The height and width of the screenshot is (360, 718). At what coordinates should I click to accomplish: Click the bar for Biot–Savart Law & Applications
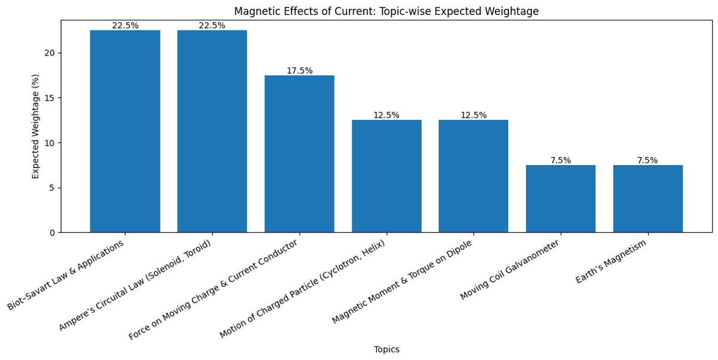pyautogui.click(x=125, y=131)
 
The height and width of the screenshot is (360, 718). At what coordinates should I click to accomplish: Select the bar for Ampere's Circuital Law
pyautogui.click(x=212, y=131)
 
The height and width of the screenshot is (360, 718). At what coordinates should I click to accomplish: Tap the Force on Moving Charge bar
pyautogui.click(x=299, y=154)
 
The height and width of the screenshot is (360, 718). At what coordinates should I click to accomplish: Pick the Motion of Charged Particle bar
pyautogui.click(x=387, y=176)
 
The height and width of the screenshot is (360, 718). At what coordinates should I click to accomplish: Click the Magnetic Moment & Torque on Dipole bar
pyautogui.click(x=473, y=176)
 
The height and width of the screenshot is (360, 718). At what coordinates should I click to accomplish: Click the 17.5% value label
pyautogui.click(x=299, y=71)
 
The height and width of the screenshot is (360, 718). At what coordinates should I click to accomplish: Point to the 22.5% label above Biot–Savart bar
pyautogui.click(x=125, y=26)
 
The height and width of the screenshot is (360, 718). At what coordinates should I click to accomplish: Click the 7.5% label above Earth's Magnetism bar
pyautogui.click(x=647, y=160)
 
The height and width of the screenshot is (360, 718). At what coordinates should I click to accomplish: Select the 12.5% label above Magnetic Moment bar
pyautogui.click(x=473, y=115)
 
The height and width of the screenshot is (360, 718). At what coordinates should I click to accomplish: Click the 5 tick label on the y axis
pyautogui.click(x=52, y=188)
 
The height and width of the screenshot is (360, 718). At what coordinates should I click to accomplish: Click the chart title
pyautogui.click(x=386, y=11)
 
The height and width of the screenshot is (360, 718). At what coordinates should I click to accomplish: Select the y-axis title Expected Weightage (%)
pyautogui.click(x=36, y=126)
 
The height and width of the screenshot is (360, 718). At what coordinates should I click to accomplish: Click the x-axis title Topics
pyautogui.click(x=387, y=350)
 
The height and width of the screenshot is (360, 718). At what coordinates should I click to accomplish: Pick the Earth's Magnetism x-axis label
pyautogui.click(x=611, y=262)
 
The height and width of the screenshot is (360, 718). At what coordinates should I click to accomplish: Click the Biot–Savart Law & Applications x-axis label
pyautogui.click(x=67, y=274)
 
